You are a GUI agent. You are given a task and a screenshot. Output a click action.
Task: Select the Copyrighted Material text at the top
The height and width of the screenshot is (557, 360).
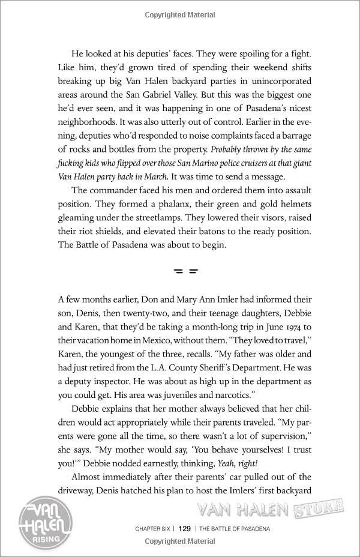click(180, 12)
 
